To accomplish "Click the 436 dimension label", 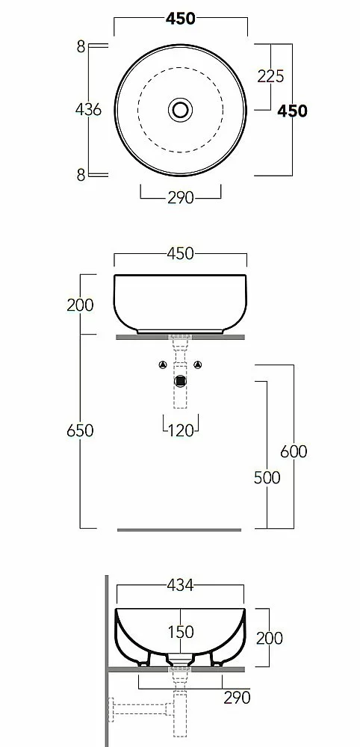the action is click(x=89, y=110).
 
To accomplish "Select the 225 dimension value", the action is click(x=270, y=76).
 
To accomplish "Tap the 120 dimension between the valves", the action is click(x=181, y=431).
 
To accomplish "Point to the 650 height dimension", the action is click(x=80, y=431).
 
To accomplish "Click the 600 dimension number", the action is click(x=294, y=451).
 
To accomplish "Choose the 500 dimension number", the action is click(x=267, y=477).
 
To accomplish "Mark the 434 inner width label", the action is click(x=181, y=585).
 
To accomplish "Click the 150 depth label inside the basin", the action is click(x=181, y=632).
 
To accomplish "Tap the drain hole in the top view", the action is click(x=181, y=110).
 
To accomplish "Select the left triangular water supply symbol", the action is click(x=163, y=365).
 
